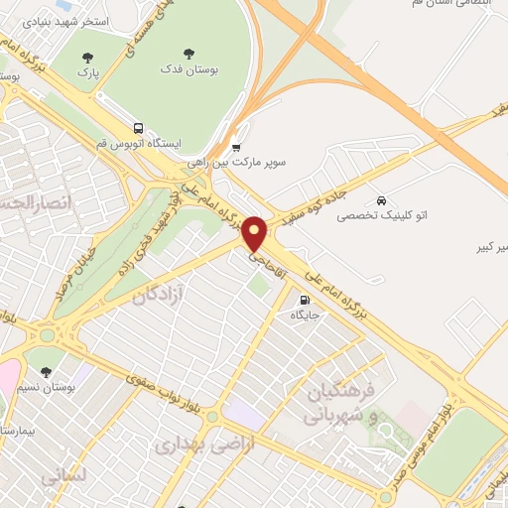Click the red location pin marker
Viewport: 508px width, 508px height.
click(x=255, y=234)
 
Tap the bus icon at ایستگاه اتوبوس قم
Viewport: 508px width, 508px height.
click(x=138, y=128)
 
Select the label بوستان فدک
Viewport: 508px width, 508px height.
click(x=190, y=70)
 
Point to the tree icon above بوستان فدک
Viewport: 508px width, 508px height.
click(x=190, y=54)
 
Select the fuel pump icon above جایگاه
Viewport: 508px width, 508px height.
click(x=303, y=299)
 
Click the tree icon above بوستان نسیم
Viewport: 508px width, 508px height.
click(x=47, y=372)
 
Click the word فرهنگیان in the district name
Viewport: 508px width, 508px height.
click(x=343, y=389)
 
